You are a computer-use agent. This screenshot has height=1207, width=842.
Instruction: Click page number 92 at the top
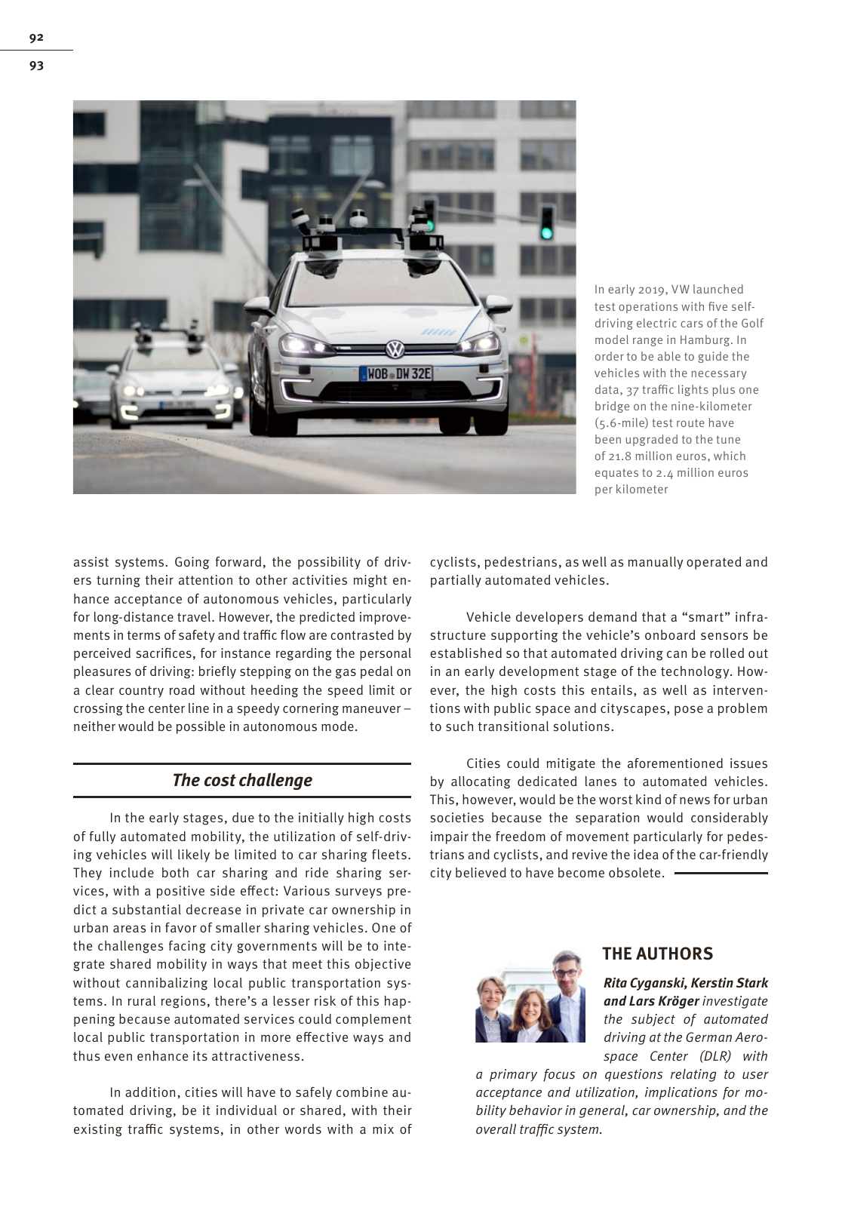[x=36, y=37]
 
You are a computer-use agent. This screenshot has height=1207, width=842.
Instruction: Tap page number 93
[x=36, y=66]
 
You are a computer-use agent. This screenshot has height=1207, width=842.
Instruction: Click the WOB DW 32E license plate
[x=395, y=373]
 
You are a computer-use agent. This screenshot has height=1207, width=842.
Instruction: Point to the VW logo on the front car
[x=395, y=349]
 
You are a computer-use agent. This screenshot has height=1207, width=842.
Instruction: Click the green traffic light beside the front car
[x=546, y=232]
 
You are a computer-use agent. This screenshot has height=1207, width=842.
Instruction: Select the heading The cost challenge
[x=241, y=780]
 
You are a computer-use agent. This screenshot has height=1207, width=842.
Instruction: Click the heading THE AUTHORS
[x=657, y=954]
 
